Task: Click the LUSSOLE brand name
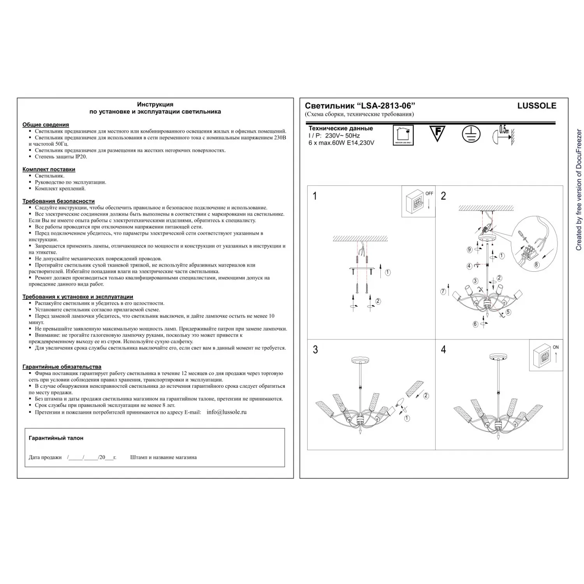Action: point(537,106)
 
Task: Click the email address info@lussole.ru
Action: point(227,412)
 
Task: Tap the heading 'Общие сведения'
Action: point(46,125)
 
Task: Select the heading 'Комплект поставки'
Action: point(49,169)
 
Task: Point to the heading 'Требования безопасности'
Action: point(58,201)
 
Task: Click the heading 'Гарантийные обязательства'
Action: point(62,367)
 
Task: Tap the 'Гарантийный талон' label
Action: point(56,438)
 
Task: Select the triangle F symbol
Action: point(437,133)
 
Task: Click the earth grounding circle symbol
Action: point(471,134)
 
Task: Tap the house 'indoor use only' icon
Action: point(403,135)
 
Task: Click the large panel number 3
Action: point(315,350)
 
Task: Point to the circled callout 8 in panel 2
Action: point(537,265)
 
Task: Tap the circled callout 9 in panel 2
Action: point(470,250)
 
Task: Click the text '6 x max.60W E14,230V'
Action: point(341,143)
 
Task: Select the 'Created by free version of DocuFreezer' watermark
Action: point(579,190)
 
